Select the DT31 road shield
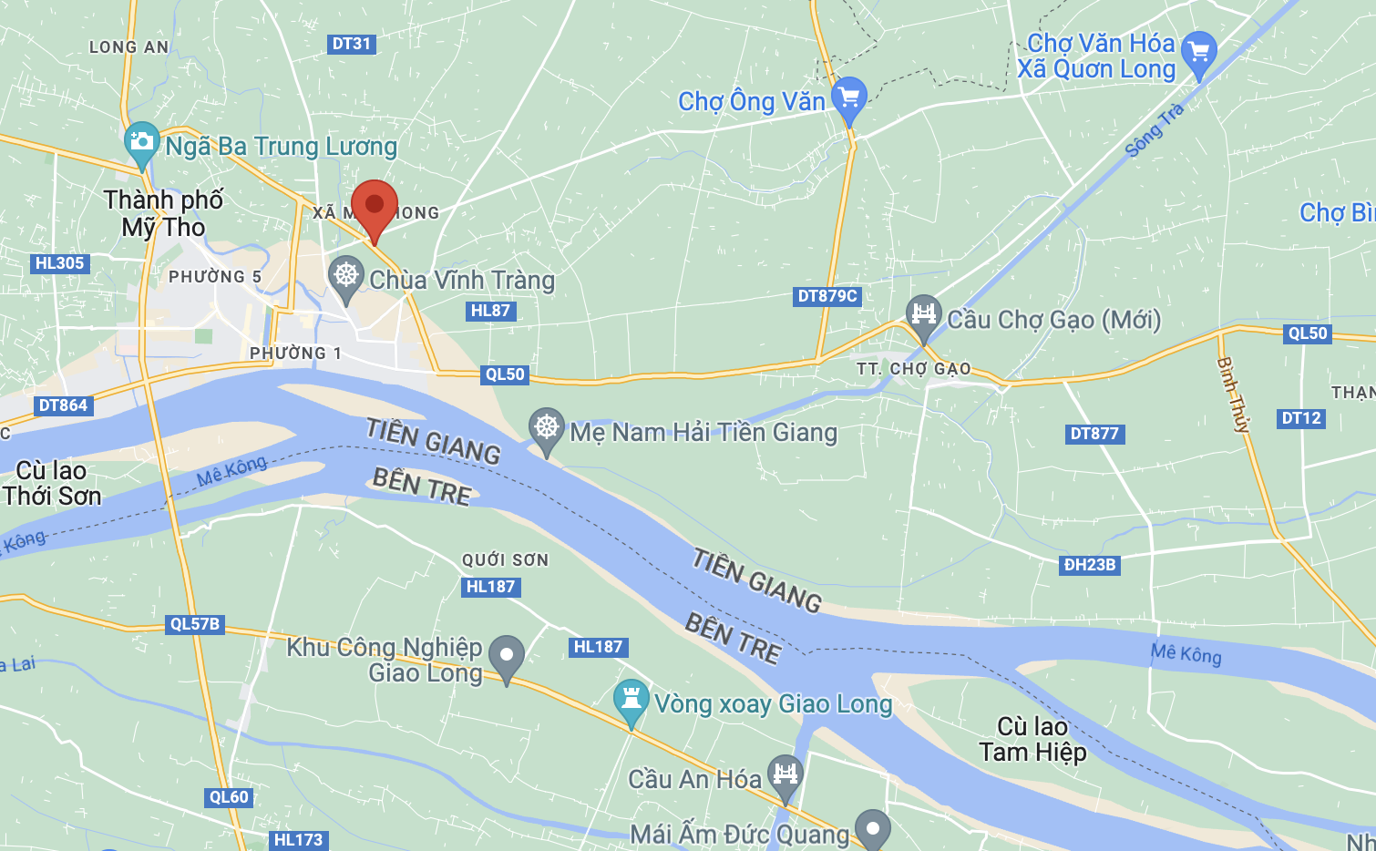351,44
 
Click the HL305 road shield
59,263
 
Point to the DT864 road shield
63,405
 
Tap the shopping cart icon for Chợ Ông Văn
849,97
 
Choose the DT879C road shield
827,295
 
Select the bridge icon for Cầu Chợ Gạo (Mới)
923,315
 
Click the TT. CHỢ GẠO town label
913,369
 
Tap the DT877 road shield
1094,434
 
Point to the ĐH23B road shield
1090,565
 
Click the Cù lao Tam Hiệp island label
1032,739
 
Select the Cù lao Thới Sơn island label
52,483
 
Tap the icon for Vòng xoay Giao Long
631,701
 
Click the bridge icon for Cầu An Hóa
785,775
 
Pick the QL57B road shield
195,624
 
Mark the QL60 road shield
229,797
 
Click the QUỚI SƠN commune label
505,559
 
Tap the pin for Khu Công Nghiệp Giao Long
507,655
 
